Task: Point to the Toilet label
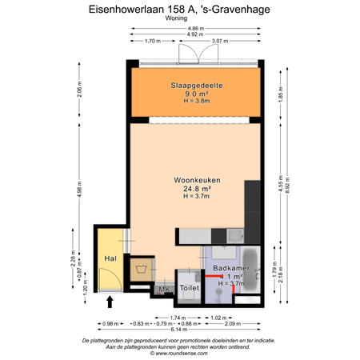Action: (189, 287)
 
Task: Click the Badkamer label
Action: (226, 267)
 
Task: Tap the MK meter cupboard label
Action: (164, 290)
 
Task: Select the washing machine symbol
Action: (141, 266)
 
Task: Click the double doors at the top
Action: (196, 58)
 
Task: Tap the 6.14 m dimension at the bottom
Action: (178, 329)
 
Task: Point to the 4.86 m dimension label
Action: (195, 28)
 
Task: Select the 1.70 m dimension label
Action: (154, 41)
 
